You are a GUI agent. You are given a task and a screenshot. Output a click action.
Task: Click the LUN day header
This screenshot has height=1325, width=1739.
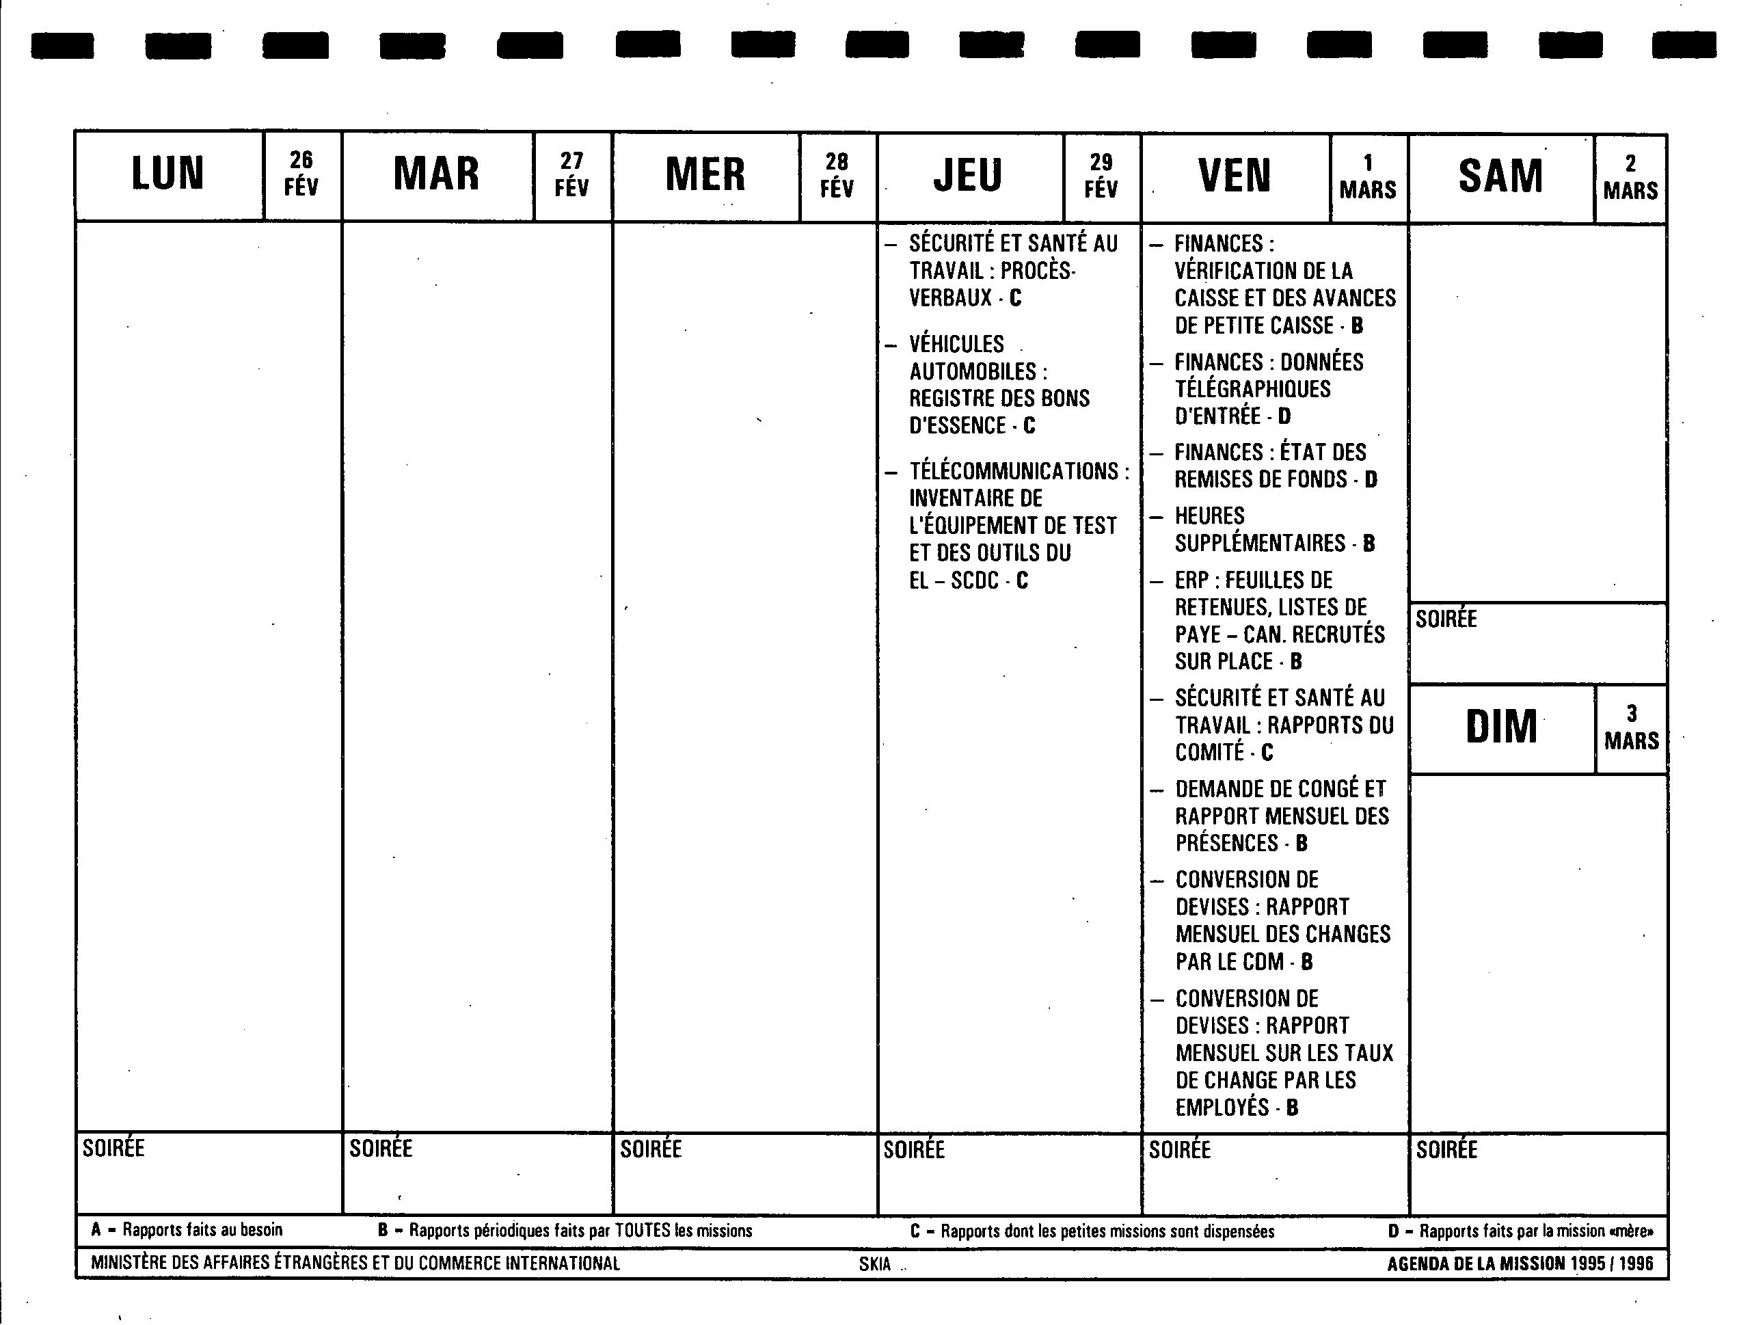tap(168, 174)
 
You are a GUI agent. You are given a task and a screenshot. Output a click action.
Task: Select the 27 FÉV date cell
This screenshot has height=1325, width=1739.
tap(571, 174)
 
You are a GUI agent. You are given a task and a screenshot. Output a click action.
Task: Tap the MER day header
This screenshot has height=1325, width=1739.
tap(705, 175)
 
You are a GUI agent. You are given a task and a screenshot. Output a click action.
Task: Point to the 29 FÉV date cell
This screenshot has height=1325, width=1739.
tap(1101, 176)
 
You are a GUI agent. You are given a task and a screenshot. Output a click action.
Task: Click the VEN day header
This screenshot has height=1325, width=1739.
tap(1235, 176)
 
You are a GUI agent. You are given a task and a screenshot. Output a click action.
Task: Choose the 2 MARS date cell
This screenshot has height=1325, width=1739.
tap(1630, 178)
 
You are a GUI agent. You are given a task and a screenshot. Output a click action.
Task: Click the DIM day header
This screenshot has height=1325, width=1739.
tap(1501, 727)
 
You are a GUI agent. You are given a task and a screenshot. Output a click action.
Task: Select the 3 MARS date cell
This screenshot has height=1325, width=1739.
tap(1631, 728)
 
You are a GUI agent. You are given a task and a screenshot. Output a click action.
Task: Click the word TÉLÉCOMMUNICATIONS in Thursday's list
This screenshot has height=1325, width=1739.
tap(1014, 472)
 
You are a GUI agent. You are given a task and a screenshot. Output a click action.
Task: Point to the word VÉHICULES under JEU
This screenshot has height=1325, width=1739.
tap(956, 345)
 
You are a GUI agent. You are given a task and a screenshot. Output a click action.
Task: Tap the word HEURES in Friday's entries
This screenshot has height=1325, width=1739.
tap(1209, 517)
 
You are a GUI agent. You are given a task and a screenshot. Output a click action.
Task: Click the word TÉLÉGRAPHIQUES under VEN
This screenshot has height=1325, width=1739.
tap(1252, 390)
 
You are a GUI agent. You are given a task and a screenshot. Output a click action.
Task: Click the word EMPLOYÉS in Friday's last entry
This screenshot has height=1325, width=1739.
tap(1222, 1108)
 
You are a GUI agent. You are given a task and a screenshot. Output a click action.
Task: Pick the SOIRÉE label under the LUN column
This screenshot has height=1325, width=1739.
tap(113, 1149)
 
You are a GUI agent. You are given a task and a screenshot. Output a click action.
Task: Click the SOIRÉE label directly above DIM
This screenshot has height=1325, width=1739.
tap(1446, 619)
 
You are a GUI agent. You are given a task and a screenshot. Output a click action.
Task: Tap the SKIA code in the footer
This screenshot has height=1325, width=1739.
tap(874, 1264)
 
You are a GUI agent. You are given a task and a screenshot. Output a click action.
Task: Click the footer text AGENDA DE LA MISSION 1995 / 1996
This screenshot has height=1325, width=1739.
tap(1520, 1263)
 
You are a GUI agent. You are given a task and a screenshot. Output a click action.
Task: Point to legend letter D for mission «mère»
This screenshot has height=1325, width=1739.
tap(1394, 1231)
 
